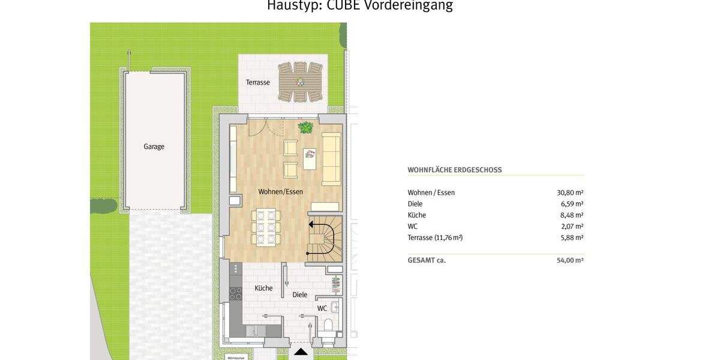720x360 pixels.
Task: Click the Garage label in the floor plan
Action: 154,146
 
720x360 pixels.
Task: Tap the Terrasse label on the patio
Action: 257,82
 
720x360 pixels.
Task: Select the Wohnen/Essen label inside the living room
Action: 280,192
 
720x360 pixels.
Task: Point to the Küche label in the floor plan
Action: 263,288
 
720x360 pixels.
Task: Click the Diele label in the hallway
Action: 299,295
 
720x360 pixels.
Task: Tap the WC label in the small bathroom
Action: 322,308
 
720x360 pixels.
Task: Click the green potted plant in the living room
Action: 306,127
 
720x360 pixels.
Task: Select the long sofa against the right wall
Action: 331,158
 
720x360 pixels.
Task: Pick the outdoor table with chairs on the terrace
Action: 300,82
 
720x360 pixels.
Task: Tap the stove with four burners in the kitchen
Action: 236,293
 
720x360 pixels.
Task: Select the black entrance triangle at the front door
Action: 301,352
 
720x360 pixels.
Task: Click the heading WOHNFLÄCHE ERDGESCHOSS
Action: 454,170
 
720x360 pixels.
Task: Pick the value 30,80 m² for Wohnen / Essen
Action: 570,193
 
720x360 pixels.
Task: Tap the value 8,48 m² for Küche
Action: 572,215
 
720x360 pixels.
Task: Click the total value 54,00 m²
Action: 570,260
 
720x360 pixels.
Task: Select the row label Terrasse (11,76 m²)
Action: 435,238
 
